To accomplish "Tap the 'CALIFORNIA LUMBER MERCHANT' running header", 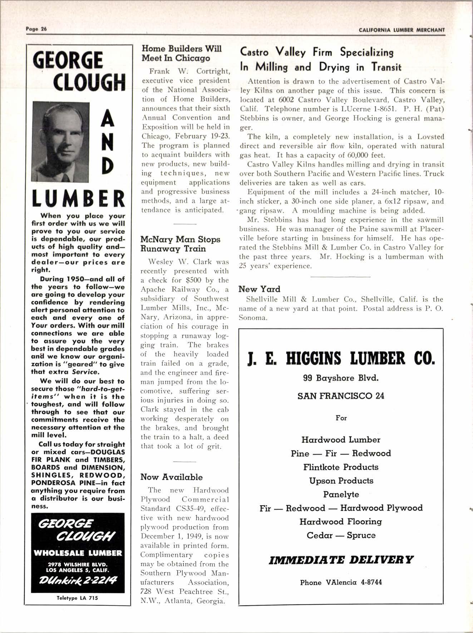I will tap(402, 30).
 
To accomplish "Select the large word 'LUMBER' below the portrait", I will tap(78, 199).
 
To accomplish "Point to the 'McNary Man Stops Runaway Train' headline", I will tap(180, 244).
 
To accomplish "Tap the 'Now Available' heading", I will tap(171, 477).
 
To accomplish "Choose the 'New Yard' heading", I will tap(259, 289).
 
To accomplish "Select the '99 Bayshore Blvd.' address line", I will tap(341, 378).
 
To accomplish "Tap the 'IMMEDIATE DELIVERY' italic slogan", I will tap(341, 559).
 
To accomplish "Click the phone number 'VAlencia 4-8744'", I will tap(354, 582).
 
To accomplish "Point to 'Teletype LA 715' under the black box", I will tap(77, 598).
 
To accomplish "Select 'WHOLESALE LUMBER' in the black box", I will tap(78, 553).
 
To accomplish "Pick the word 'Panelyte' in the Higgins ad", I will tap(341, 494).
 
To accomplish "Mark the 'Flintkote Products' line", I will tap(341, 467).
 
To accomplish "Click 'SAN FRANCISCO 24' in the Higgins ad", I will tap(341, 396).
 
